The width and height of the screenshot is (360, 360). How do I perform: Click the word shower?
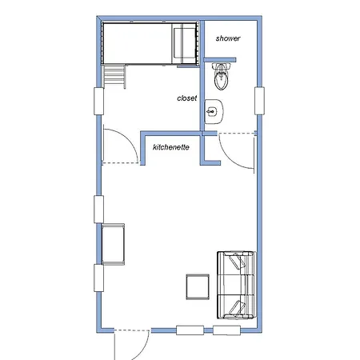click(228, 38)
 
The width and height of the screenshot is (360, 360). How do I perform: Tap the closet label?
click(187, 98)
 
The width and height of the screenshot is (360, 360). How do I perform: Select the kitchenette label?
click(170, 147)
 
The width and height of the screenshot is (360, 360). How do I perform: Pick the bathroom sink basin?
click(213, 112)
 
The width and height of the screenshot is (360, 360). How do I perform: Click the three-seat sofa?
click(235, 283)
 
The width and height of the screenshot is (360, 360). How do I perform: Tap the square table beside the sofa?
click(197, 287)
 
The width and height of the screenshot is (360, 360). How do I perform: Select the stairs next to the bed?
click(115, 77)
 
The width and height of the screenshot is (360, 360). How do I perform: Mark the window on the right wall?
click(259, 100)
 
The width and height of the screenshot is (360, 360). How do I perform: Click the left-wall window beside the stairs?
click(100, 101)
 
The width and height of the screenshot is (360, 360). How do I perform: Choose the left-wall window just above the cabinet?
click(99, 209)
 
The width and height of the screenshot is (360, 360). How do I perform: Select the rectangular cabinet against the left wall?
click(114, 244)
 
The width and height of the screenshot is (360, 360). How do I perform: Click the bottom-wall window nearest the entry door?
click(190, 330)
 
